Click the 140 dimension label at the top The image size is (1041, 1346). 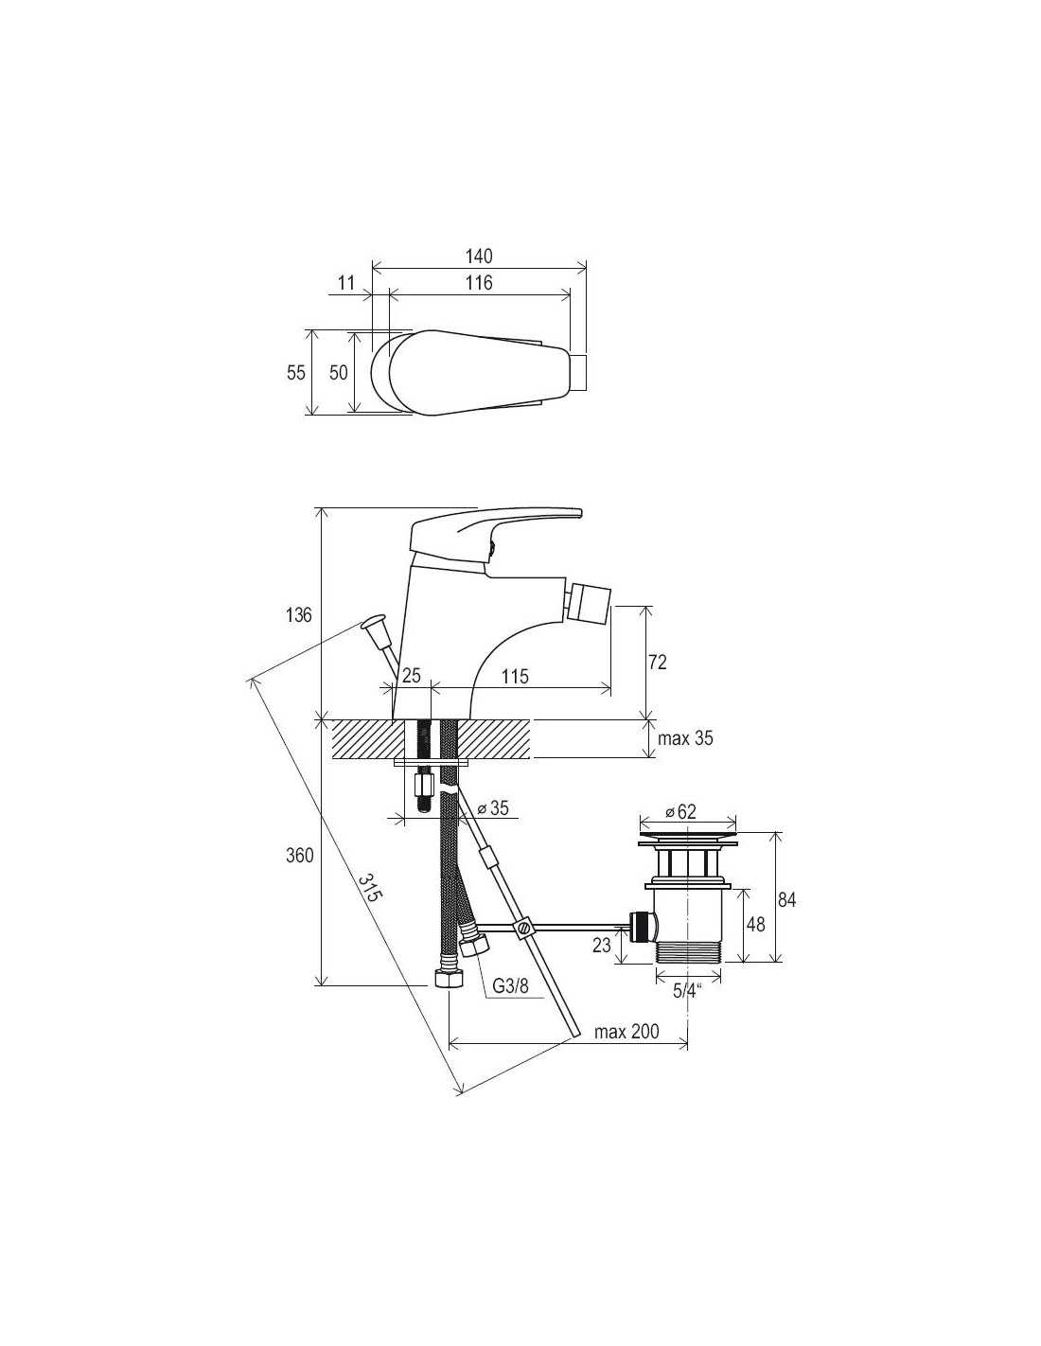pyautogui.click(x=478, y=256)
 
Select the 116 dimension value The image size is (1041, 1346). pyautogui.click(x=479, y=283)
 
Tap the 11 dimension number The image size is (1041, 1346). pyautogui.click(x=346, y=283)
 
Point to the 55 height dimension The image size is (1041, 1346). pyautogui.click(x=296, y=372)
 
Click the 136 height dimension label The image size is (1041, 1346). pyautogui.click(x=298, y=615)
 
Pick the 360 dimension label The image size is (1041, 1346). pyautogui.click(x=299, y=856)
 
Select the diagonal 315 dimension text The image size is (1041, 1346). pyautogui.click(x=369, y=887)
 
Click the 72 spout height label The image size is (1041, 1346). pyautogui.click(x=658, y=663)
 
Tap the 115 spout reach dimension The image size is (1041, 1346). pyautogui.click(x=515, y=676)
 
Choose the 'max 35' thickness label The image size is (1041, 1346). pyautogui.click(x=685, y=738)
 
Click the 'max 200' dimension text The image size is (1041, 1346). pyautogui.click(x=626, y=1032)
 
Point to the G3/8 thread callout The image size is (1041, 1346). pyautogui.click(x=510, y=985)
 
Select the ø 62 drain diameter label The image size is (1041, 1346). pyautogui.click(x=680, y=811)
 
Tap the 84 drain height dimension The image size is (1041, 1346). pyautogui.click(x=786, y=899)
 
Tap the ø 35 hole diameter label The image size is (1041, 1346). pyautogui.click(x=493, y=807)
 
